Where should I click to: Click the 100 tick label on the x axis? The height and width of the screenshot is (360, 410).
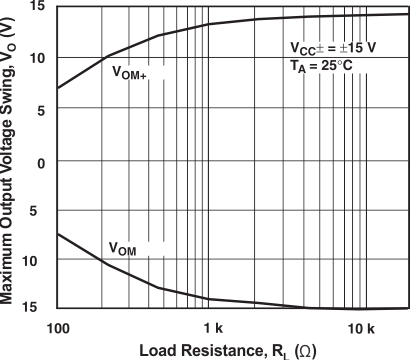click(x=57, y=328)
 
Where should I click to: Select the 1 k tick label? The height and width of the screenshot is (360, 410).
click(x=212, y=328)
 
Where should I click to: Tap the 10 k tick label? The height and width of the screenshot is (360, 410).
click(x=360, y=328)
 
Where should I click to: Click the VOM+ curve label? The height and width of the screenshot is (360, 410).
click(x=128, y=71)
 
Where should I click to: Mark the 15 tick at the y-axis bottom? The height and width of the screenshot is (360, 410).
click(x=39, y=308)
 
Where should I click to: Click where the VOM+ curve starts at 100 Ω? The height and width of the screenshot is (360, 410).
click(x=57, y=89)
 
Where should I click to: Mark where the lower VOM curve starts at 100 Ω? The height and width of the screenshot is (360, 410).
click(x=57, y=233)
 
